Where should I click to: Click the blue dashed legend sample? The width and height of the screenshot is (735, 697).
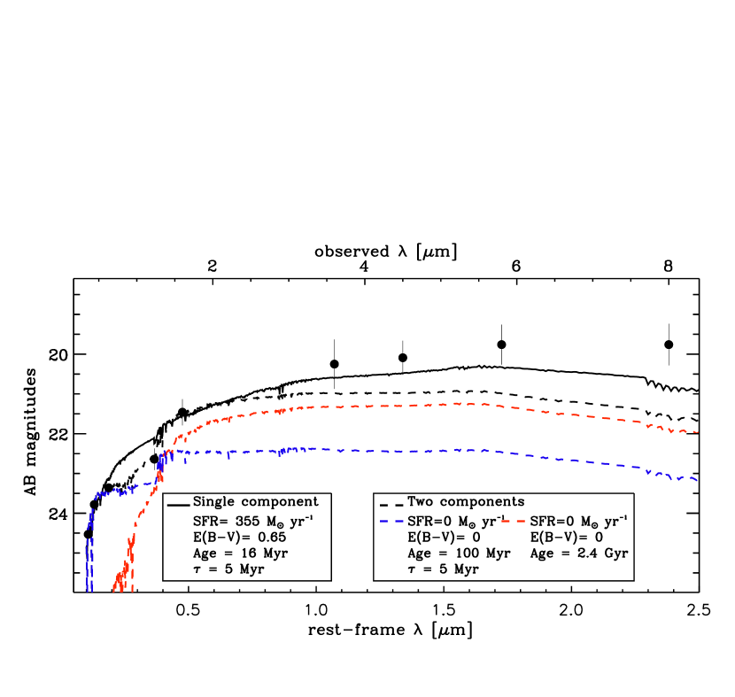[x=392, y=521]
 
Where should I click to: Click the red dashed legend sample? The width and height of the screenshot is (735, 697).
[x=514, y=521]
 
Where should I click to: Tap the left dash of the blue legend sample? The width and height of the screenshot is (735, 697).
[x=385, y=521]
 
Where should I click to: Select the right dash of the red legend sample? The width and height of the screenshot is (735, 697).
[x=520, y=521]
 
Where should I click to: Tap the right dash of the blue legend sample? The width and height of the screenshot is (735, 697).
[x=399, y=521]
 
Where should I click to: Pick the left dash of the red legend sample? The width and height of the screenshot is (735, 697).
[x=507, y=521]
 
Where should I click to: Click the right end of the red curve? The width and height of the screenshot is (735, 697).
[x=699, y=432]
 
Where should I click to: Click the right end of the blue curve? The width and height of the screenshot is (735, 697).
[x=698, y=480]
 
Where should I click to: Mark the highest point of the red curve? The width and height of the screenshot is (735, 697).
[x=456, y=403]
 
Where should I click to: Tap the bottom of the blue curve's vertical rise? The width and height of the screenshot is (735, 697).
[x=89, y=591]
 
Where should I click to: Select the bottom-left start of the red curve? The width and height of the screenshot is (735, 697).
[x=115, y=589]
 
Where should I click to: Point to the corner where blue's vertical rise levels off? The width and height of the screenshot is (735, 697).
[x=96, y=497]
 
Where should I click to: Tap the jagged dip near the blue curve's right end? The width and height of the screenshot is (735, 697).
[x=677, y=479]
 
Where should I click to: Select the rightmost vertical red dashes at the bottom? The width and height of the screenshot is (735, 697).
[x=132, y=580]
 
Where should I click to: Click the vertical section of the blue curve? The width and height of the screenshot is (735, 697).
[x=89, y=549]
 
